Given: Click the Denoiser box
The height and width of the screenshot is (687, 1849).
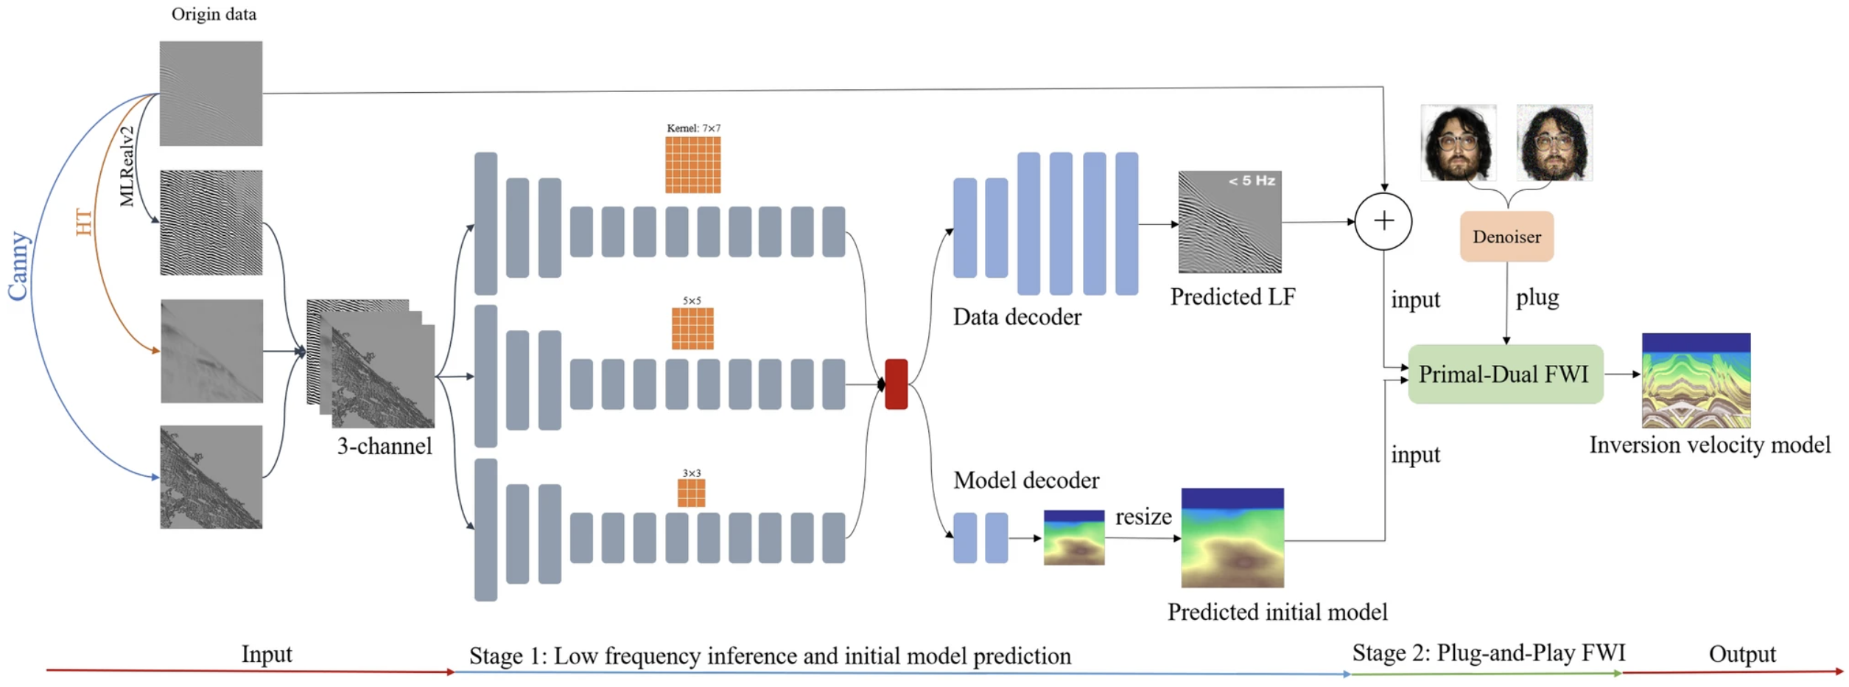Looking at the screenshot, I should point(1506,237).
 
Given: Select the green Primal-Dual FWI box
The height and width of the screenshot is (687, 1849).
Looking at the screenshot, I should point(1505,374).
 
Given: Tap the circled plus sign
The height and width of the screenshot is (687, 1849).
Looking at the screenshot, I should point(1383,221).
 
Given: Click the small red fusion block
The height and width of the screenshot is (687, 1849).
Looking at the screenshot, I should point(896,384).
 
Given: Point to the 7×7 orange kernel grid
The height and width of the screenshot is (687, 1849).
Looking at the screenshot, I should point(692,164).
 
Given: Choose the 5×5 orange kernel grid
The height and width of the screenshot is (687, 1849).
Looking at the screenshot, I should point(692,328).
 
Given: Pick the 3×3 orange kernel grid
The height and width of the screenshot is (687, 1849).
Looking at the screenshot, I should point(691,493).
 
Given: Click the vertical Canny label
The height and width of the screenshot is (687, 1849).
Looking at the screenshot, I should point(18,266).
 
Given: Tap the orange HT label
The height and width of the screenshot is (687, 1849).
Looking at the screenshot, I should point(84,222).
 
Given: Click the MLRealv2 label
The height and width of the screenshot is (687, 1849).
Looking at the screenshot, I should point(127,167).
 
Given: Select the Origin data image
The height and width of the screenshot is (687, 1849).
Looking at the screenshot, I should point(211,93).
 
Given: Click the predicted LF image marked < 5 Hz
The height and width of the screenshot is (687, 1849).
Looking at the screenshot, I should point(1229,222).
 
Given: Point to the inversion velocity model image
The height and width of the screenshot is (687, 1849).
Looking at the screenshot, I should point(1696,380).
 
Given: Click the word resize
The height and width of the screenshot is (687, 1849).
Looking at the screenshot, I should point(1143,517).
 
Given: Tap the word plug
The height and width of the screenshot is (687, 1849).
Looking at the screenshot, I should point(1537,298).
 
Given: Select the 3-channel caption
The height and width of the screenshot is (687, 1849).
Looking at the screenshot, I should point(385,446).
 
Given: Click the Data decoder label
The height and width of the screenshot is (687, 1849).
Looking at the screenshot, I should point(1017,317).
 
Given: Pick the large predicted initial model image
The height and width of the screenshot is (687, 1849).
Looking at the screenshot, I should point(1232,537).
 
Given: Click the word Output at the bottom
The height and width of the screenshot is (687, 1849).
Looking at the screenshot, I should point(1741,654).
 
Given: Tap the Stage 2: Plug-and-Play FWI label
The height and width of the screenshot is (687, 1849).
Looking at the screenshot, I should point(1488,652).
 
